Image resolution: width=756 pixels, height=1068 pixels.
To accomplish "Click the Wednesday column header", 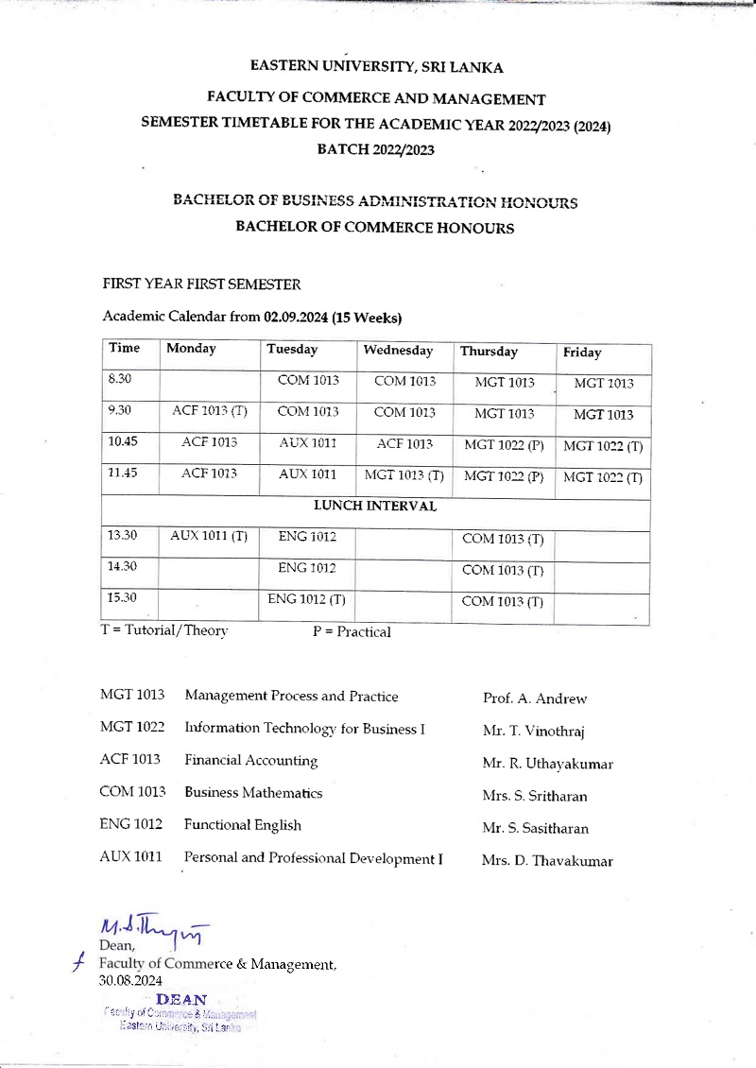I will tap(398, 351).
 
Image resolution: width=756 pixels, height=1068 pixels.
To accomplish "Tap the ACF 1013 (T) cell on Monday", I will tap(210, 411).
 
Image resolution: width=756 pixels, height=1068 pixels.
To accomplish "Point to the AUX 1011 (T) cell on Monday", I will tap(209, 536).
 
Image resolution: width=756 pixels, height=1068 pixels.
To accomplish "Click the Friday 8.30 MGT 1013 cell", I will tap(604, 384).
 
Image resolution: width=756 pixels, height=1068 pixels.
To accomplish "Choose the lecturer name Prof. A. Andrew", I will tap(534, 699).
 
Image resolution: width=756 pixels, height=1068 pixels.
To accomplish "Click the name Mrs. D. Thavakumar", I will tap(547, 861).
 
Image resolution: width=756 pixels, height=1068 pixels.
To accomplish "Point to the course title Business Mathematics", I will tap(253, 793).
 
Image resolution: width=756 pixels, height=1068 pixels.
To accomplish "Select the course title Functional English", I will tap(243, 825).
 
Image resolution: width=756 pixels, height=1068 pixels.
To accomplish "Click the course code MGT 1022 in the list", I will tap(132, 729).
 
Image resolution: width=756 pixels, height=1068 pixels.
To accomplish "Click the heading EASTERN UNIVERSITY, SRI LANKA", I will tap(376, 67).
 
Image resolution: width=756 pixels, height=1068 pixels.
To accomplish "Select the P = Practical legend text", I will tap(351, 632).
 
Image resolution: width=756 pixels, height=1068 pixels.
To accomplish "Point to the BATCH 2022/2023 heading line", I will tap(375, 149).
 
